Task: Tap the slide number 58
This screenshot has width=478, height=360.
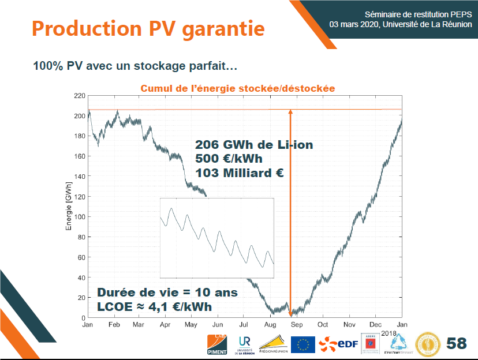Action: pos(456,343)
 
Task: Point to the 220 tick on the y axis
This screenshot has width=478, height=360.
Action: pos(79,95)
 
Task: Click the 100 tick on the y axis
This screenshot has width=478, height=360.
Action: pos(79,217)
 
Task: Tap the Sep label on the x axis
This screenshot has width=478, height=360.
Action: pos(296,325)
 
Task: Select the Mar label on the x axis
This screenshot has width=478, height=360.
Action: pos(139,325)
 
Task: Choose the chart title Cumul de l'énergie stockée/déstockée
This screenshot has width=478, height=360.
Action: pos(238,88)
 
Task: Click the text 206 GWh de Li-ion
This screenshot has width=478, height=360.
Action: pos(254,145)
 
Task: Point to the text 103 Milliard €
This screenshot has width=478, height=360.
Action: pos(239,172)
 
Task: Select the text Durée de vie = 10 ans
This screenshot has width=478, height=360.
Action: pos(167,292)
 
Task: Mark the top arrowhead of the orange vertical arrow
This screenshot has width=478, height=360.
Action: pos(290,112)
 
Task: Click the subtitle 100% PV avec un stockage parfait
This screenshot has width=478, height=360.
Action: pos(135,66)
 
